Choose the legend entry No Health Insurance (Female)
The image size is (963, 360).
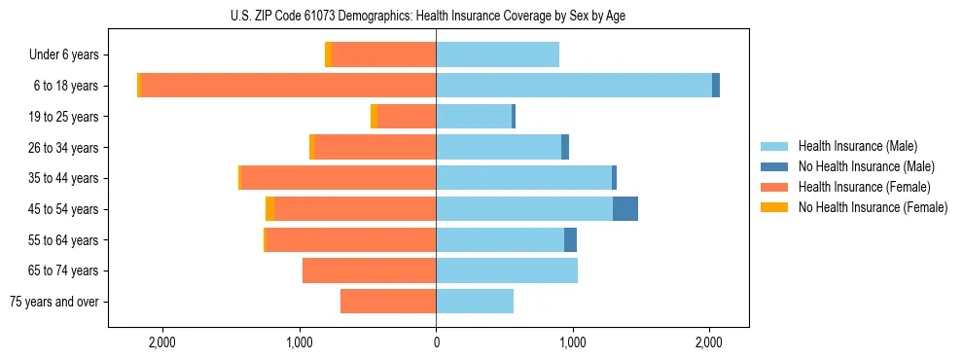pyautogui.click(x=873, y=207)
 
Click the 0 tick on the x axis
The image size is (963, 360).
pyautogui.click(x=436, y=342)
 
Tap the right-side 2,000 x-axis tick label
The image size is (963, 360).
pyautogui.click(x=709, y=342)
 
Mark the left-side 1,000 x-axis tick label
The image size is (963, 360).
pyautogui.click(x=299, y=342)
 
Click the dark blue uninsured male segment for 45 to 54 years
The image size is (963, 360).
pyautogui.click(x=625, y=209)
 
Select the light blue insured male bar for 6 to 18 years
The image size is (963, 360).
pyautogui.click(x=574, y=86)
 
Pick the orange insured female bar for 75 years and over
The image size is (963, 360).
pyautogui.click(x=388, y=302)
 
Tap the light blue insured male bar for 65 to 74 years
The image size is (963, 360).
pyautogui.click(x=507, y=270)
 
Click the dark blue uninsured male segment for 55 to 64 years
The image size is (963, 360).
pyautogui.click(x=570, y=240)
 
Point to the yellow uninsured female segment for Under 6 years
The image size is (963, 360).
pyautogui.click(x=328, y=55)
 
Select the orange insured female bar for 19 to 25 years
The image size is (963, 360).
pyautogui.click(x=407, y=117)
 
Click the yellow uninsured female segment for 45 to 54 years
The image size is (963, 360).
pyautogui.click(x=269, y=209)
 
